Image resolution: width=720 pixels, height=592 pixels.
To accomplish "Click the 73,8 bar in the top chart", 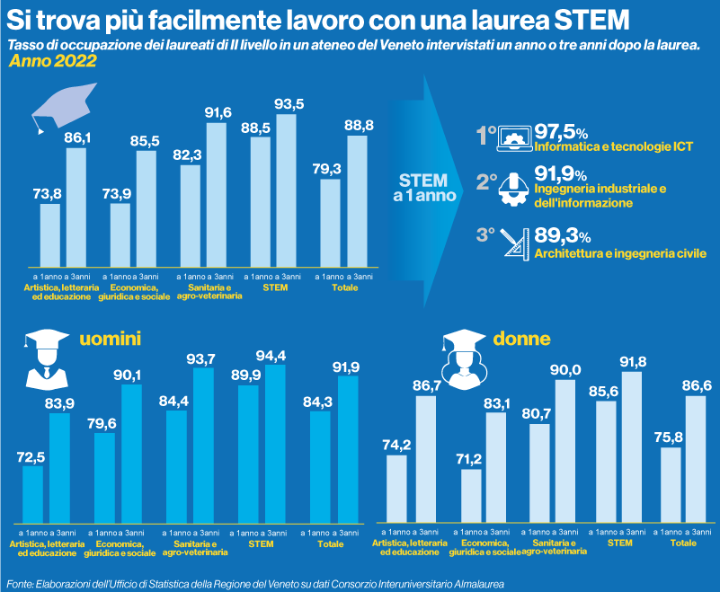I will [50, 231].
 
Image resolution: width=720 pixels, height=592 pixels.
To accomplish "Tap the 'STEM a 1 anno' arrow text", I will [422, 184].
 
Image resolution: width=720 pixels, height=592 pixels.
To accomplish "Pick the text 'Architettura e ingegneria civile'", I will [620, 254].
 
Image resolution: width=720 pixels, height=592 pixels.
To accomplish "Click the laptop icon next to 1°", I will [517, 137].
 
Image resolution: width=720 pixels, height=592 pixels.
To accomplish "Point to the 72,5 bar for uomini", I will [32, 494].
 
